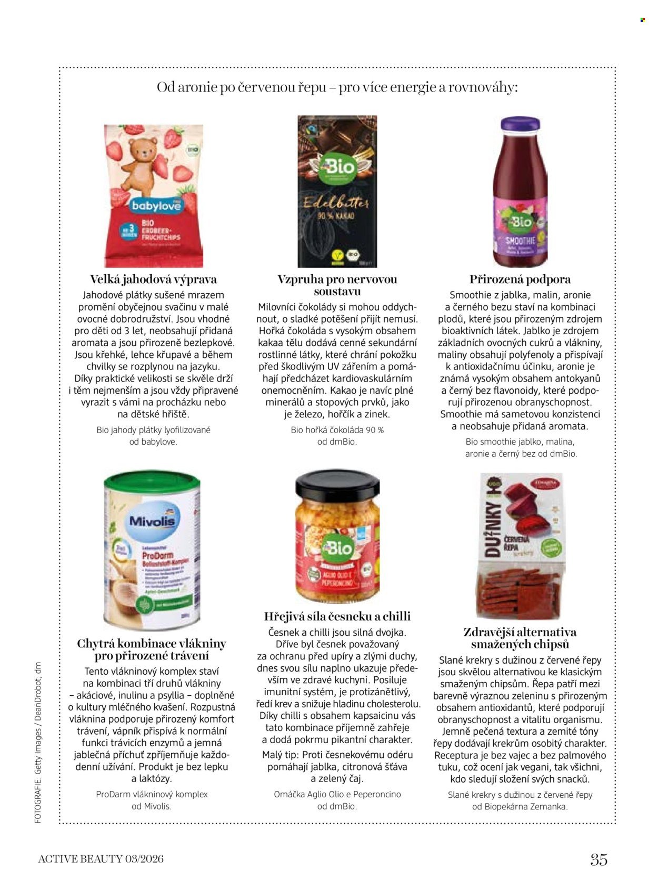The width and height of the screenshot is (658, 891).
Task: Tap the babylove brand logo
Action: pos(156,205)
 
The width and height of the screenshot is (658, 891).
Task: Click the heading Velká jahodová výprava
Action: pos(153,279)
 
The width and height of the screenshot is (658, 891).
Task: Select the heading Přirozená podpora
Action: pos(520,279)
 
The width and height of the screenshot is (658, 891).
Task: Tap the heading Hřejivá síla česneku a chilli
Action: pos(337,616)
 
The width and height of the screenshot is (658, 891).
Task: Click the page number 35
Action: pos(599,859)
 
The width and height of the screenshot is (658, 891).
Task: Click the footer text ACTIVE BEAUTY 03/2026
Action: pos(101,859)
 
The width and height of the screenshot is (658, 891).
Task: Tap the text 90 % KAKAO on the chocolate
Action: pos(335,216)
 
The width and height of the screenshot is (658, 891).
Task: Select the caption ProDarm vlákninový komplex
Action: pos(152,794)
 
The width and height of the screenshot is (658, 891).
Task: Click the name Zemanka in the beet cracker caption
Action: pos(549,806)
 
